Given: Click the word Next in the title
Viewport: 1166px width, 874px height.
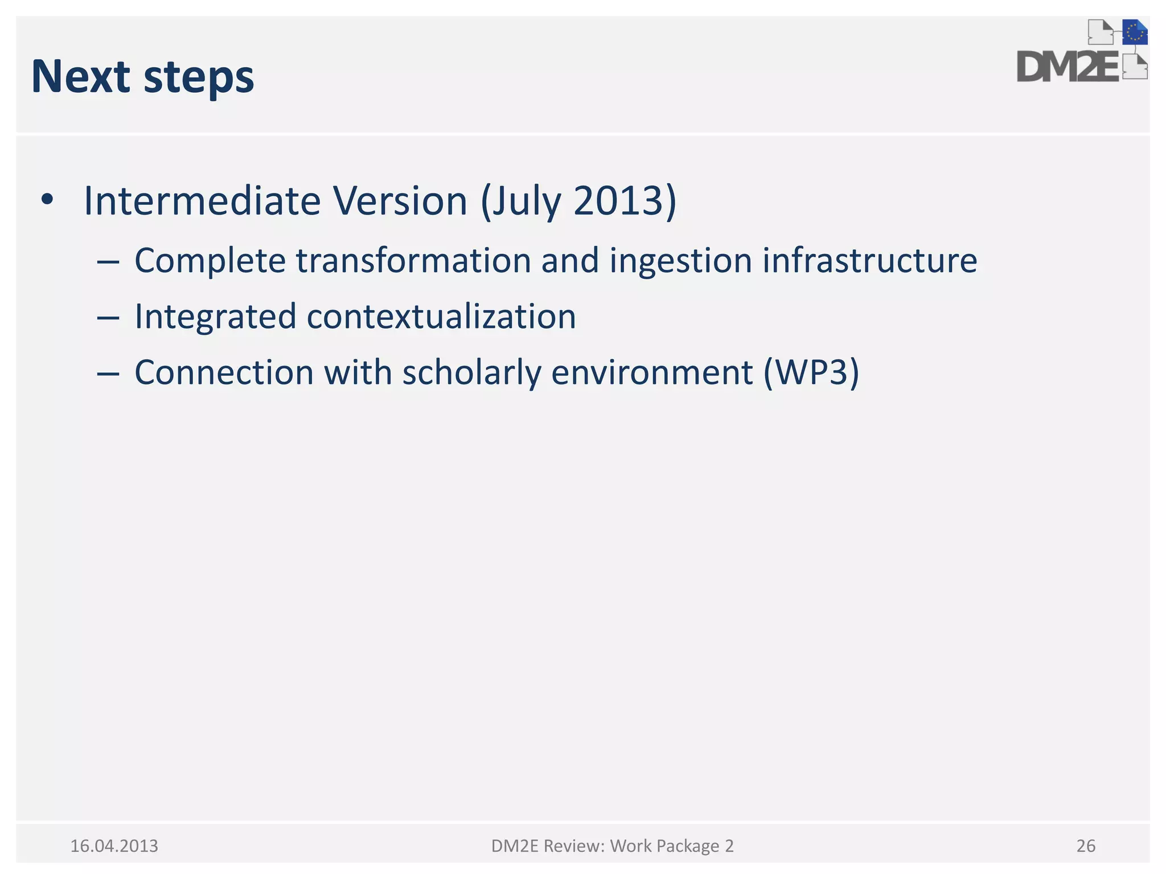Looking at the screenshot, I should [80, 77].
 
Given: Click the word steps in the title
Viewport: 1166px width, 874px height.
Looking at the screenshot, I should [198, 79].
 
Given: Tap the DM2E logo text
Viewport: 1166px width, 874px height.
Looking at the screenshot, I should [1068, 67].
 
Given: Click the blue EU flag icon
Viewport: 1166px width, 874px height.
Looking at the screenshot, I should [1134, 32].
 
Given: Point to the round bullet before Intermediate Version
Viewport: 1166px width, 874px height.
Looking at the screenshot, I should [47, 200].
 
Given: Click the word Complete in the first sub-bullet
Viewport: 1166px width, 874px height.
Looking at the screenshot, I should [210, 261].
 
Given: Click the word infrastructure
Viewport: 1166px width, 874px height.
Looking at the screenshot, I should [869, 261].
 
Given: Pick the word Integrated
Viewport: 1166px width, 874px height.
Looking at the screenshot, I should [215, 316].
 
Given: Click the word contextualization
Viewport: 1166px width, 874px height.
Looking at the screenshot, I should [441, 316].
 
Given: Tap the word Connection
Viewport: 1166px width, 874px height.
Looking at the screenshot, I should [224, 373].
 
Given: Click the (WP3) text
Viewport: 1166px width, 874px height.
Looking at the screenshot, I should [811, 373].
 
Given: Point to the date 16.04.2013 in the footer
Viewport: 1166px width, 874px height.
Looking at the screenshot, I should [114, 846].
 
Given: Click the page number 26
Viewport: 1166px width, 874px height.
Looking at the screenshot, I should [1086, 846].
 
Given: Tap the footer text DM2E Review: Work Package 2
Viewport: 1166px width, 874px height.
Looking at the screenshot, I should [612, 846].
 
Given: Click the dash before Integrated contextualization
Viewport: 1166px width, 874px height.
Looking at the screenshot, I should [108, 318].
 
